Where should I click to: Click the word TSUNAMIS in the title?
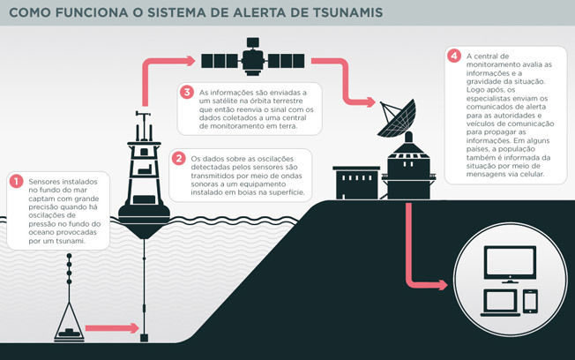[347, 12]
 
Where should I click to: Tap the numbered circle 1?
[16, 181]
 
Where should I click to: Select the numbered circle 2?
[179, 159]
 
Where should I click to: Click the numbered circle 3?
[187, 92]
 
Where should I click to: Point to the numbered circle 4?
[454, 56]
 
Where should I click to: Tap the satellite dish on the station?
[397, 118]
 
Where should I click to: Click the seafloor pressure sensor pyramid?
[69, 322]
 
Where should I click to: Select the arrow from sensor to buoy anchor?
[112, 328]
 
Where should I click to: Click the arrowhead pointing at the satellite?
[190, 61]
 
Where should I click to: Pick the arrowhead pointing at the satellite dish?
[370, 102]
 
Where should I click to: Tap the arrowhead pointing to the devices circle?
[443, 285]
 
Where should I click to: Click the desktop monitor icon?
[510, 264]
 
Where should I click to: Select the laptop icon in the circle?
[500, 304]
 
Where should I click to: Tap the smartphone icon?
[530, 301]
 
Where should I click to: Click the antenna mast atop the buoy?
[143, 126]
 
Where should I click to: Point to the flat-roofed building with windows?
[355, 183]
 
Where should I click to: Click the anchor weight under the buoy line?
[144, 338]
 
